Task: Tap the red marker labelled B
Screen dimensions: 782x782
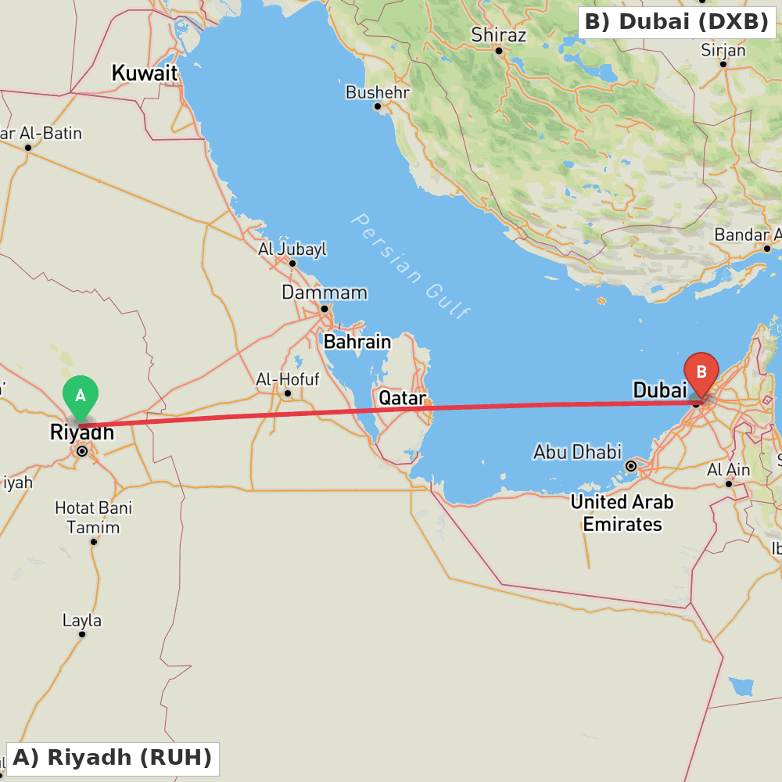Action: [701, 373]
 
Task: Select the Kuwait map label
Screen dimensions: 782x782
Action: [145, 74]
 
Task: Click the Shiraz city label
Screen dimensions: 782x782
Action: [498, 35]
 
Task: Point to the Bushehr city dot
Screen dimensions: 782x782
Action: [377, 106]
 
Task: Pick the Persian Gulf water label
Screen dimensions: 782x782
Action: [410, 266]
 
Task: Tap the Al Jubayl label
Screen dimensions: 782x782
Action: [292, 249]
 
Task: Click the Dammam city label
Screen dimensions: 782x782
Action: [325, 292]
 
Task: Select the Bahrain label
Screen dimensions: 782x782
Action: [357, 342]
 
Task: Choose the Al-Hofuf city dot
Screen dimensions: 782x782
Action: [288, 393]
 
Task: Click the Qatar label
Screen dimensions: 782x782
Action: [402, 398]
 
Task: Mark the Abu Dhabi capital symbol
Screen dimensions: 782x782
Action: [631, 466]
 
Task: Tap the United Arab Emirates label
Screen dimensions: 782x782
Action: [622, 513]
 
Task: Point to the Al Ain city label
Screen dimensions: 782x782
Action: [728, 470]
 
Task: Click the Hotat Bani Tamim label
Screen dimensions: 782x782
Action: [93, 518]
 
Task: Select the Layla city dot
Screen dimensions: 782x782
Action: [82, 634]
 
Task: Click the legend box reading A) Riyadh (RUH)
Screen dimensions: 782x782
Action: [113, 758]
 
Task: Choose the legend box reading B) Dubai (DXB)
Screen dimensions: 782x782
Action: [676, 22]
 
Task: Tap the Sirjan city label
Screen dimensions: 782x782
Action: [723, 50]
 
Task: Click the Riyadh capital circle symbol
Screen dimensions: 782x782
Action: [82, 450]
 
